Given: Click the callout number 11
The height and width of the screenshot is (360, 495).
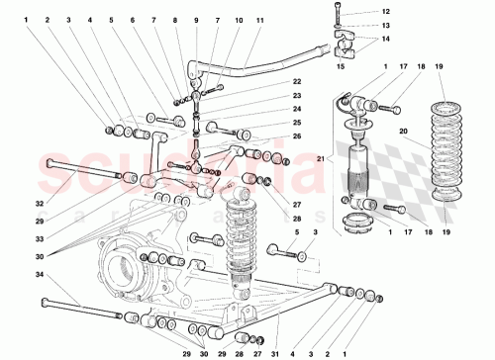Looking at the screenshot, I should [x=259, y=20].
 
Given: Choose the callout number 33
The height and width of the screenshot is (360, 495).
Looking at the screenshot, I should [x=41, y=239].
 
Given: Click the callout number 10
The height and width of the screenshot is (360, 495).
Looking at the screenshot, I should [x=239, y=20].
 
